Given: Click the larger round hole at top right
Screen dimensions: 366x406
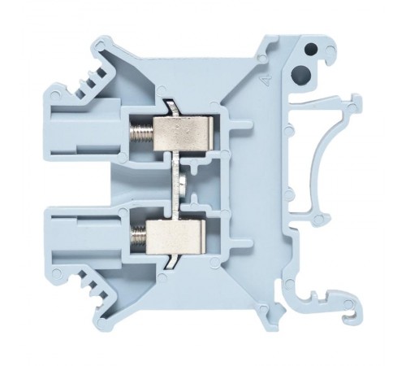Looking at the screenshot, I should click(x=301, y=77).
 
